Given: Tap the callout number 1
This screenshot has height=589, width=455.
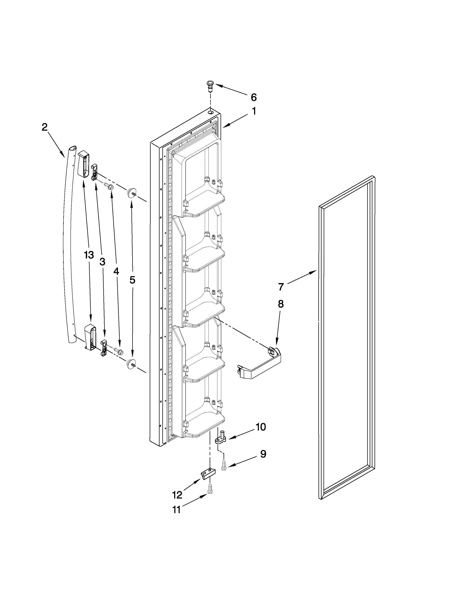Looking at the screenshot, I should coord(254,111).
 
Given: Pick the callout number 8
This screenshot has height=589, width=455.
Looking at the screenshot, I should coord(281,304).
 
